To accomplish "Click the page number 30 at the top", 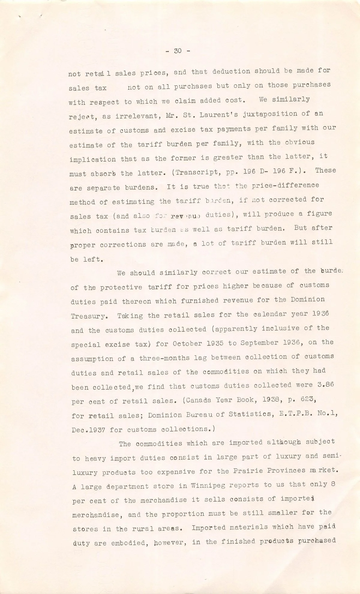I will pyautogui.click(x=178, y=51).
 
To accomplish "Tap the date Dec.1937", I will pyautogui.click(x=88, y=430).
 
